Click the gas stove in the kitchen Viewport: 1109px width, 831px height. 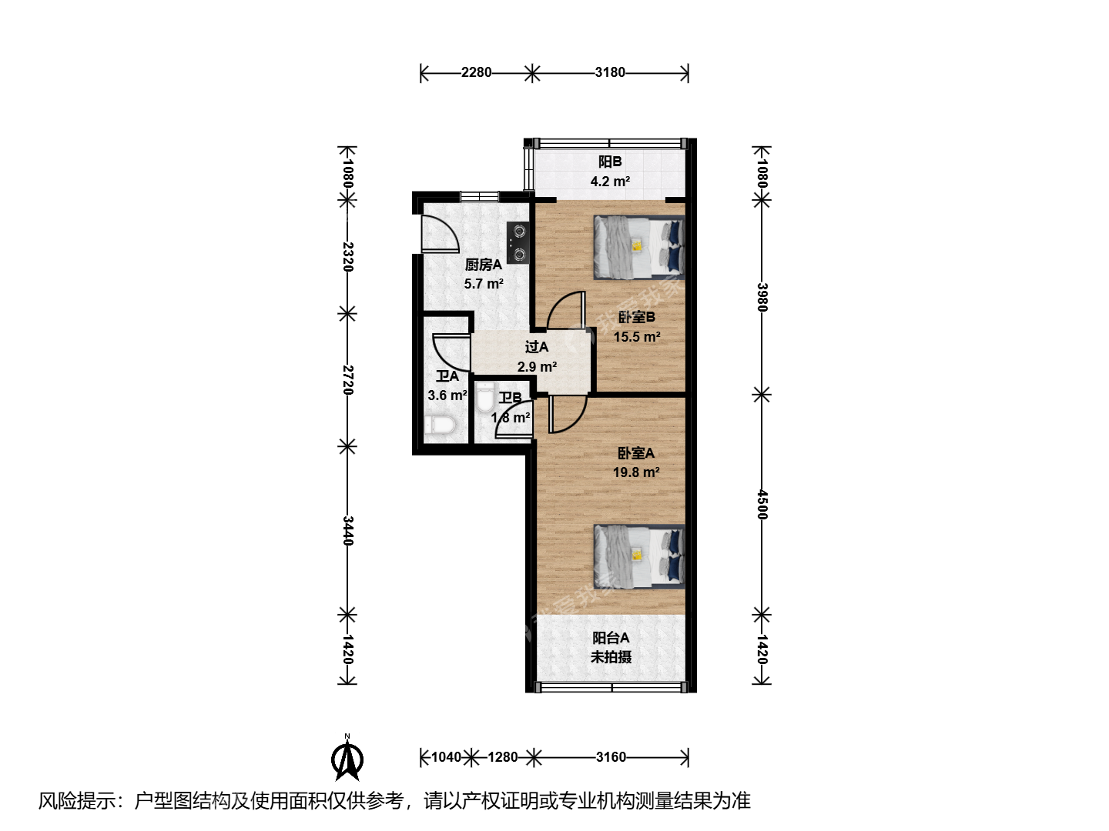[x=518, y=242]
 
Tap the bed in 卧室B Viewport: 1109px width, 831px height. [x=639, y=247]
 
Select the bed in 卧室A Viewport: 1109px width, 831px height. [x=639, y=556]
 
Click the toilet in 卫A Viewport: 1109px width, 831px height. [x=441, y=425]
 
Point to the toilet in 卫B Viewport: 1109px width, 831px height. [x=484, y=396]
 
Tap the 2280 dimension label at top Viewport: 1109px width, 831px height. [x=476, y=72]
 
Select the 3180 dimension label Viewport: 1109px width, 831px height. [x=610, y=72]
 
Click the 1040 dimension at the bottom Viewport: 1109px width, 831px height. [x=446, y=757]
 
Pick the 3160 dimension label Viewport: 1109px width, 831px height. [x=611, y=757]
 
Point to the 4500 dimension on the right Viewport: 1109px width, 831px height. [x=762, y=504]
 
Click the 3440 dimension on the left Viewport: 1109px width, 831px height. [x=347, y=531]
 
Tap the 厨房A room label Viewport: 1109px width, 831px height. [x=484, y=265]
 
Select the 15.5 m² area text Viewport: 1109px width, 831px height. [x=637, y=336]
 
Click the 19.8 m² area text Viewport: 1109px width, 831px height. [x=636, y=472]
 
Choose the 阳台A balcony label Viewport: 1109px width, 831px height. [x=611, y=638]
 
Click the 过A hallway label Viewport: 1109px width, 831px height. [x=537, y=346]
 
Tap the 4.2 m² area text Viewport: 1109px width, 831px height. [x=610, y=181]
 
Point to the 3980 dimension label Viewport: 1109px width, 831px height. [x=762, y=297]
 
